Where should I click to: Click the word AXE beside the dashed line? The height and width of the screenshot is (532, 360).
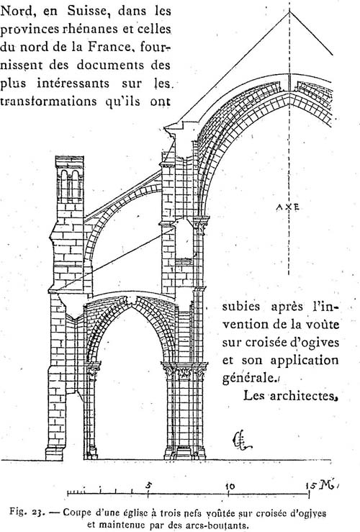tap(287, 207)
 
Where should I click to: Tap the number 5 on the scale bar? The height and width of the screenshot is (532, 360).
tap(148, 485)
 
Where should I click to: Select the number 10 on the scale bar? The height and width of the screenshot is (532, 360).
tap(230, 486)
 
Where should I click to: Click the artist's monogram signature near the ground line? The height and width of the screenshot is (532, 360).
tap(240, 441)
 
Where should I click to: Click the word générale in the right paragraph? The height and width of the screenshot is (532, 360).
tap(248, 377)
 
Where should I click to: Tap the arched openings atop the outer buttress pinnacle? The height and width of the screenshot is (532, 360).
tap(70, 184)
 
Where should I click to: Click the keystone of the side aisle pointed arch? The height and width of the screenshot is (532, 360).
tap(132, 300)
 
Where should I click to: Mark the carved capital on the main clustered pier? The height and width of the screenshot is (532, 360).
tap(184, 371)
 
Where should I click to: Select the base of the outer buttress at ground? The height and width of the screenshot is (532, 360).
tap(55, 454)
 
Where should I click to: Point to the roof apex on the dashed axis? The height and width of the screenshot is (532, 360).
tap(289, 12)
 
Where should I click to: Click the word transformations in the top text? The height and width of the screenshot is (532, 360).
tap(48, 102)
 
